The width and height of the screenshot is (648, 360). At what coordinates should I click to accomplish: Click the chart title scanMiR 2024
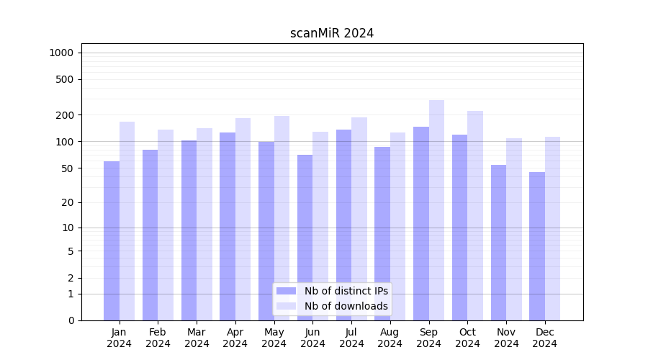coord(332,33)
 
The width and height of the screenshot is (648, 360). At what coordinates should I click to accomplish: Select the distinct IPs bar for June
coord(305,238)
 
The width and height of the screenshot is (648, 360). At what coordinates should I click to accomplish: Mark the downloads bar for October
coord(475,215)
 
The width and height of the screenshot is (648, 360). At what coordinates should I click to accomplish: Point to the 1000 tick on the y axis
coord(61,53)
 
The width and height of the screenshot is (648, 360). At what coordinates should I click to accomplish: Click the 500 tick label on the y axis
coord(66,79)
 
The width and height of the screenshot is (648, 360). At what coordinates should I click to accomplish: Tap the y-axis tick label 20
coord(68,202)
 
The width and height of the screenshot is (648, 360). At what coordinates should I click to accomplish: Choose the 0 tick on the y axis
coord(71,320)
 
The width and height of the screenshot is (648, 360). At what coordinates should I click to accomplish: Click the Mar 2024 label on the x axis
coord(197,338)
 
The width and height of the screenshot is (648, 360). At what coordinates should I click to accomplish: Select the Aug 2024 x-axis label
coord(390,338)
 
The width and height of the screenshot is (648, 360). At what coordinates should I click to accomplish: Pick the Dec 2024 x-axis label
coord(545,338)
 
